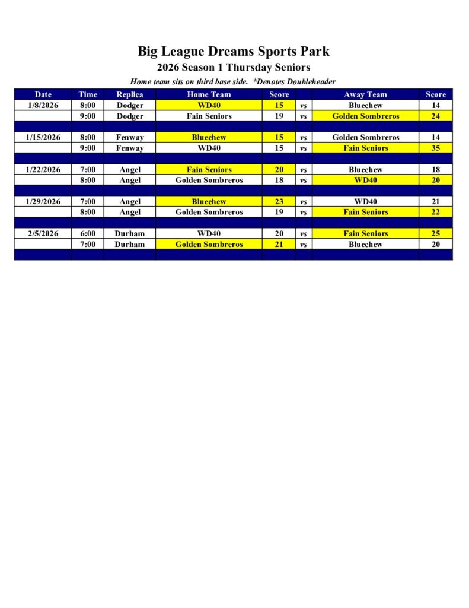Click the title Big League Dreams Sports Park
(x=234, y=52)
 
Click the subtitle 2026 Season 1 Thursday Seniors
(x=234, y=68)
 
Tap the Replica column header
(x=129, y=94)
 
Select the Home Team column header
(x=209, y=94)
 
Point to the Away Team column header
(x=365, y=94)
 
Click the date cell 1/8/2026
(x=43, y=105)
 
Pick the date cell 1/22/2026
(x=43, y=169)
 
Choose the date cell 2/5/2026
(x=43, y=233)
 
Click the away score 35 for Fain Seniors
(x=435, y=148)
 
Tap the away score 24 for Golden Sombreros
(x=435, y=116)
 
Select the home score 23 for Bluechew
(x=279, y=201)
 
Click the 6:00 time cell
(x=87, y=233)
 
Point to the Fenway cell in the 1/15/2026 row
(x=129, y=137)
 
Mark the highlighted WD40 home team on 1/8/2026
(x=209, y=105)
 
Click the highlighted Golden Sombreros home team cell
(x=209, y=244)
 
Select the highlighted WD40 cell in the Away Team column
(x=365, y=180)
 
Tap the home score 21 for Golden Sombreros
(x=279, y=244)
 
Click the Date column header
(x=43, y=94)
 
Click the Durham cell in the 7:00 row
(x=129, y=244)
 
